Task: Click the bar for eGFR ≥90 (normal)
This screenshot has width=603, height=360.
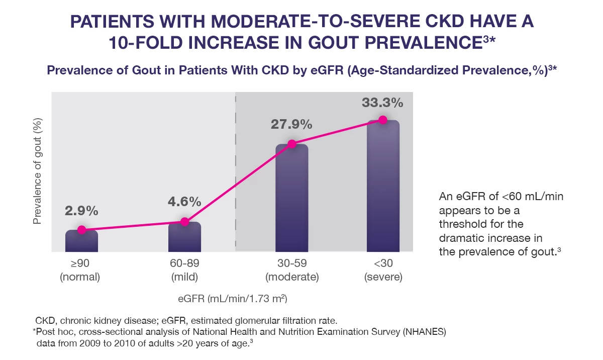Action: pyautogui.click(x=81, y=241)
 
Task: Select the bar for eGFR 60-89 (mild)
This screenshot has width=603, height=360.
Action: pyautogui.click(x=184, y=237)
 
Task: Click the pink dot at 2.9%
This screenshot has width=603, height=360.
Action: pyautogui.click(x=81, y=230)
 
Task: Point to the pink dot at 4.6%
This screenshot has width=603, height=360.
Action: pyautogui.click(x=184, y=222)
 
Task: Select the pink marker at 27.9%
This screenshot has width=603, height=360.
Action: pyautogui.click(x=291, y=144)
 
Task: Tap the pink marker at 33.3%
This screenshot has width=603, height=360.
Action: pyautogui.click(x=383, y=120)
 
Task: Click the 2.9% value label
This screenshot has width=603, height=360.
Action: pyautogui.click(x=81, y=211)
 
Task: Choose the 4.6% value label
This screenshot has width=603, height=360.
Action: pyautogui.click(x=184, y=202)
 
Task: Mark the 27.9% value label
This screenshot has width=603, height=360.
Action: pyautogui.click(x=291, y=125)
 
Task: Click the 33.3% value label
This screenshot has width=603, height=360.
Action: pyautogui.click(x=382, y=103)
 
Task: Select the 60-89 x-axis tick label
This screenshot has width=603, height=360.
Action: pyautogui.click(x=184, y=263)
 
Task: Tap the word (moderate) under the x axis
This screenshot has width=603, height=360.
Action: pyautogui.click(x=292, y=277)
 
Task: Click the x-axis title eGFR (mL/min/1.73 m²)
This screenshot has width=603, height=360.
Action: pyautogui.click(x=232, y=299)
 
